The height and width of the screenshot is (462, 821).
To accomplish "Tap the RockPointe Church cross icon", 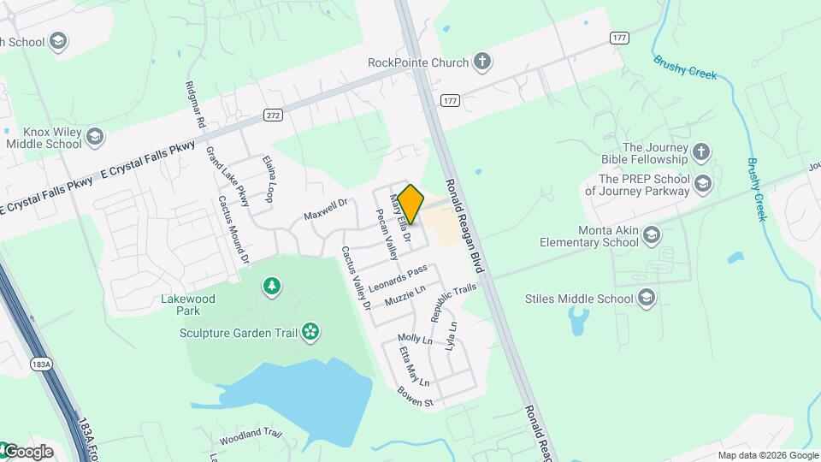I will (482, 62).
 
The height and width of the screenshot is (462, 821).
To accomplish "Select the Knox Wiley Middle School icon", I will (95, 137).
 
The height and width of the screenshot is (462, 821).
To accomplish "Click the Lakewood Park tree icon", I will (272, 286).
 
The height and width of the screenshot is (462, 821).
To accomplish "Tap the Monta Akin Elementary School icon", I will (652, 235).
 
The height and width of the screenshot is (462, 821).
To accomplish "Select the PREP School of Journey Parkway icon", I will (702, 184).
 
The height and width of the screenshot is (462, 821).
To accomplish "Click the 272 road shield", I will (274, 115).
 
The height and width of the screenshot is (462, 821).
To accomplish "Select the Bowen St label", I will (416, 396).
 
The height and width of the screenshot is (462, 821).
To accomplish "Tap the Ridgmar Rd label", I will (194, 105).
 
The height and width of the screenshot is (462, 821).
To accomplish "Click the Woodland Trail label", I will (251, 435).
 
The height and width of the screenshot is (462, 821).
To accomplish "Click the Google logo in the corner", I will (27, 451).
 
